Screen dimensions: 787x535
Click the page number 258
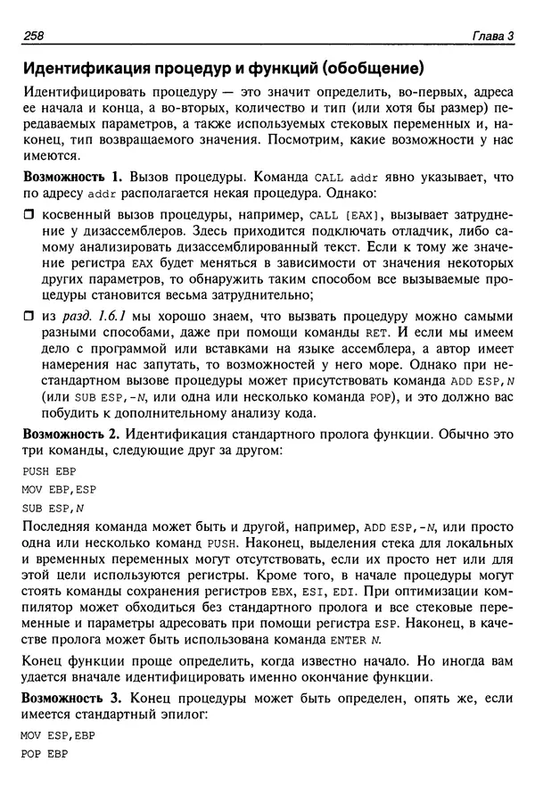point(31,36)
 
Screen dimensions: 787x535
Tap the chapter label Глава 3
point(493,36)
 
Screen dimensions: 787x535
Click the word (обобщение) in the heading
point(372,68)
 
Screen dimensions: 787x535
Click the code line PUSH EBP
point(45,472)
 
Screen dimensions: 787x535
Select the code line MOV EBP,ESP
point(55,490)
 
